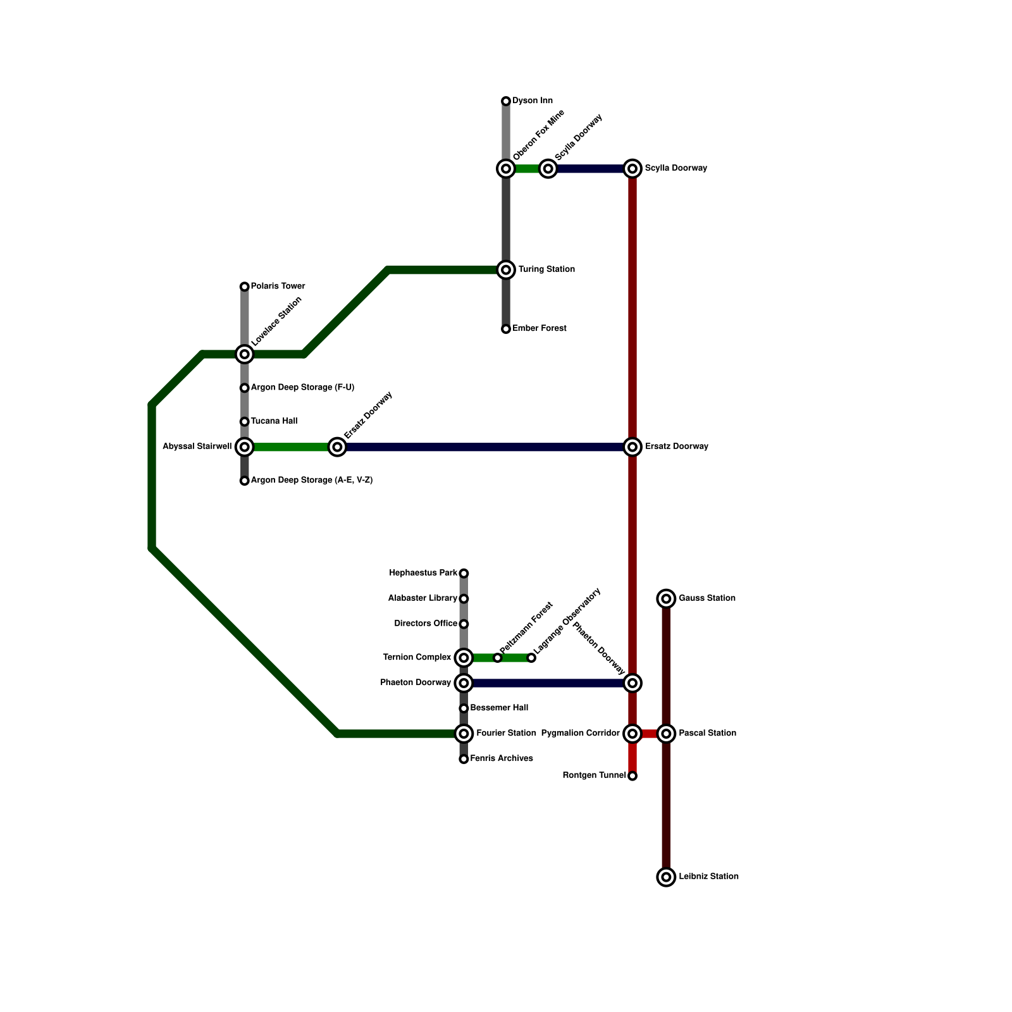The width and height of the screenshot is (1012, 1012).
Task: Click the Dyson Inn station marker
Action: pos(506,101)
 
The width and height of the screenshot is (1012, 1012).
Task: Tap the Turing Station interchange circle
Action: pos(506,270)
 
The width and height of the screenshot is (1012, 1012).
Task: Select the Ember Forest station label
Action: pos(539,329)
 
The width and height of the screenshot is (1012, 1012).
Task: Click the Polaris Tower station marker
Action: pos(245,287)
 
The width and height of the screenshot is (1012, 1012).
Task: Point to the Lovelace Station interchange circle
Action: pos(245,354)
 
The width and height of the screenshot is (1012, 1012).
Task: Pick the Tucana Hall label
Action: pos(273,421)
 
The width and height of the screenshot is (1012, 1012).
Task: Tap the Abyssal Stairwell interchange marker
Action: pos(245,447)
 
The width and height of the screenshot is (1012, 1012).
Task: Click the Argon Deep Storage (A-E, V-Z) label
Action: pos(311,481)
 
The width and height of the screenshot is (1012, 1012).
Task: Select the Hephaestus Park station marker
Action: pos(464,574)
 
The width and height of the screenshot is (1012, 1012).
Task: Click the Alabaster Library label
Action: pos(423,598)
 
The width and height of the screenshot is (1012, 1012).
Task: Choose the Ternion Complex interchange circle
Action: pos(464,658)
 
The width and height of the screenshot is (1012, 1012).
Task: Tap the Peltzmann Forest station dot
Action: pos(498,658)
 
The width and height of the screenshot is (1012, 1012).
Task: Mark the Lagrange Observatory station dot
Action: pos(531,658)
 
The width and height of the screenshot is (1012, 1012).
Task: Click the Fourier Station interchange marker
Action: pos(464,734)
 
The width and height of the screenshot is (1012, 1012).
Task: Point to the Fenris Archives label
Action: pos(502,759)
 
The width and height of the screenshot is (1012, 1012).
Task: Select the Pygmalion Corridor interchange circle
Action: pos(632,734)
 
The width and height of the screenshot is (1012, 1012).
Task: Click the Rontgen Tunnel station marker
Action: pos(632,776)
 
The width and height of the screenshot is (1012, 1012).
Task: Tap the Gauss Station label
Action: pos(707,598)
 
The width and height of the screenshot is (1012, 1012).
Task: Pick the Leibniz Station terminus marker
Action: pos(666,877)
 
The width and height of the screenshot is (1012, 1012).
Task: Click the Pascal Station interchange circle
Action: pos(666,734)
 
